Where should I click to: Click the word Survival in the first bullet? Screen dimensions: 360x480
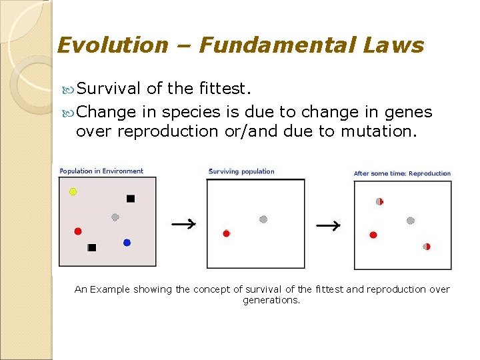108,88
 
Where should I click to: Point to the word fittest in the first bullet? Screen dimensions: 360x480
227,88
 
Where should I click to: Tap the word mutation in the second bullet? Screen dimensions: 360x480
379,131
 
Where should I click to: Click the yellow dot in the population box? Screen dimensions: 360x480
73,191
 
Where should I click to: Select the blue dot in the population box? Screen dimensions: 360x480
127,243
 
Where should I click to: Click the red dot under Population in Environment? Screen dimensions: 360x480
78,231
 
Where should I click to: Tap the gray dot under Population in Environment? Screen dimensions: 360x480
115,217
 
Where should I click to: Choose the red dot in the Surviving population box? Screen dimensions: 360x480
226,233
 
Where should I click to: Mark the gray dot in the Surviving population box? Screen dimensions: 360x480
263,219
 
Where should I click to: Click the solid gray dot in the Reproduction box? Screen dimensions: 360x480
411,221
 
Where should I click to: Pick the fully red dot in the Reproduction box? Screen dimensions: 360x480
373,235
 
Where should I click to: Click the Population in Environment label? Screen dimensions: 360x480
101,171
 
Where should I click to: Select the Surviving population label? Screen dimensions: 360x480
241,171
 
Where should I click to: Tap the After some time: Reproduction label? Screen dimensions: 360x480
402,173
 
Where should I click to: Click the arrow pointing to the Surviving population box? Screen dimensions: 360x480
183,224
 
